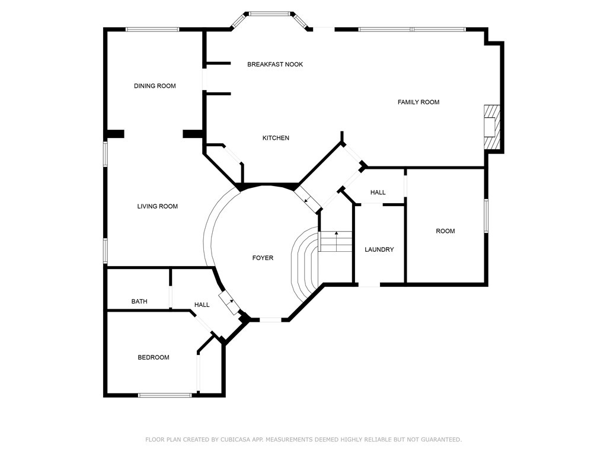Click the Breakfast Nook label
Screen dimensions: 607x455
click(275, 64)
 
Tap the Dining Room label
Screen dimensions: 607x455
click(155, 86)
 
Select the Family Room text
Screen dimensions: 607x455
click(418, 102)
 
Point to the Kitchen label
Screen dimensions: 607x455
click(276, 137)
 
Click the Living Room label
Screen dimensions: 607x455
click(158, 206)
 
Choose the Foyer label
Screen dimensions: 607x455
click(263, 258)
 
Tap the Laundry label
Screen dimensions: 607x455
click(379, 249)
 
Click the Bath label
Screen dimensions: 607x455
click(139, 302)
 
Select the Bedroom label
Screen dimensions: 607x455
click(154, 357)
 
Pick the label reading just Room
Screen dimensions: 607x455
click(446, 231)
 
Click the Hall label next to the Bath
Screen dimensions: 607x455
click(202, 305)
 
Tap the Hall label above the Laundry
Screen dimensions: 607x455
click(378, 193)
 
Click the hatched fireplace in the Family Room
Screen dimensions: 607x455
click(492, 127)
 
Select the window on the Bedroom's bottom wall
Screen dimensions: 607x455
click(165, 395)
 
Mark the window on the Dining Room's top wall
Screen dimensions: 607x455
click(152, 29)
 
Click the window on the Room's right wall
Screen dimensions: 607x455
click(486, 216)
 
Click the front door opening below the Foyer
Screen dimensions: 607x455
click(270, 319)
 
